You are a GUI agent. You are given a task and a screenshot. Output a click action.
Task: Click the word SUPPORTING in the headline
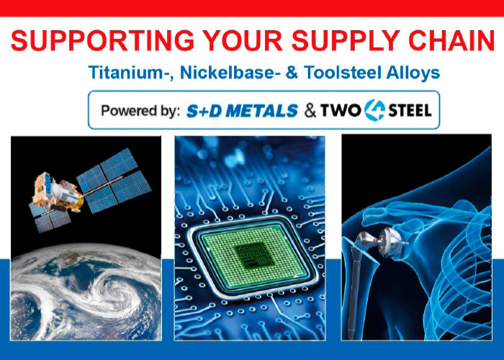coord(102,41)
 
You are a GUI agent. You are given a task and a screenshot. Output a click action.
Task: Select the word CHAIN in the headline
coord(451,41)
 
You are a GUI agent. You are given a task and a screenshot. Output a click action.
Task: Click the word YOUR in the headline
coord(243,41)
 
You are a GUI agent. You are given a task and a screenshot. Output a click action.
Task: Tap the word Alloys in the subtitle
coord(413,73)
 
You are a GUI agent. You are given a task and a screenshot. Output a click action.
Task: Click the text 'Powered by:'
coord(140,111)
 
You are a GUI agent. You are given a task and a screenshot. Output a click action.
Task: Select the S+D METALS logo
coord(242,111)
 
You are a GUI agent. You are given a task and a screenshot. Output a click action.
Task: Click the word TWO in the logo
coord(341,111)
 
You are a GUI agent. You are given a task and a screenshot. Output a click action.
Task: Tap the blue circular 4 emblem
coord(375,110)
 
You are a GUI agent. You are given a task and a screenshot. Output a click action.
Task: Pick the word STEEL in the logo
coord(410,111)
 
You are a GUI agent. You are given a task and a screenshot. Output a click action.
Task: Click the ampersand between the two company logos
coord(310,111)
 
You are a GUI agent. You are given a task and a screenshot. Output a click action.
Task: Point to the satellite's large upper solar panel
coord(113,180)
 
